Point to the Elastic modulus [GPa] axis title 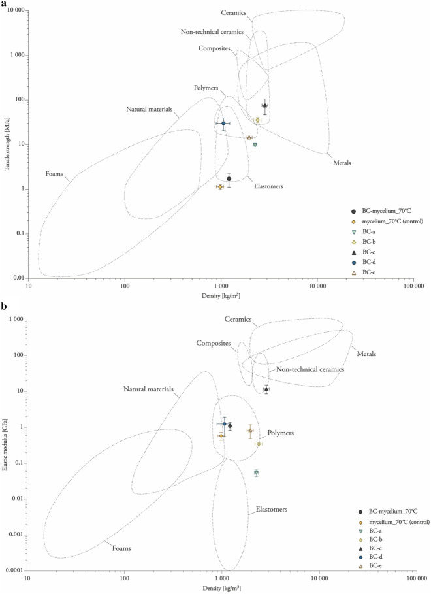point(5,444)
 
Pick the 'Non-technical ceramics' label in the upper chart point(212,31)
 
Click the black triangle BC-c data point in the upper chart point(265,105)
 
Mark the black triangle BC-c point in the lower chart point(266,389)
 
